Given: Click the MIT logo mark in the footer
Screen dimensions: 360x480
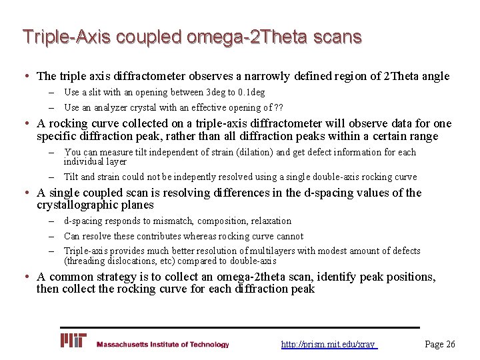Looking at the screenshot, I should click(x=73, y=341).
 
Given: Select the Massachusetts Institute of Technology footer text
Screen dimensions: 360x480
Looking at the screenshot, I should click(x=163, y=345).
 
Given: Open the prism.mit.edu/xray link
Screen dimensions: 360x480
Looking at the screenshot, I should click(x=329, y=345).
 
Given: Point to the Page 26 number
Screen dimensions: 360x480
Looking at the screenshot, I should click(x=440, y=344).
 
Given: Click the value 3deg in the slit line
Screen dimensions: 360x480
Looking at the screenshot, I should click(x=219, y=92).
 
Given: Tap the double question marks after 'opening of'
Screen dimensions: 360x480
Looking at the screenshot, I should click(x=280, y=107).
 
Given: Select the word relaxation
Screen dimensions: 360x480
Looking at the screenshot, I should click(x=268, y=221).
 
